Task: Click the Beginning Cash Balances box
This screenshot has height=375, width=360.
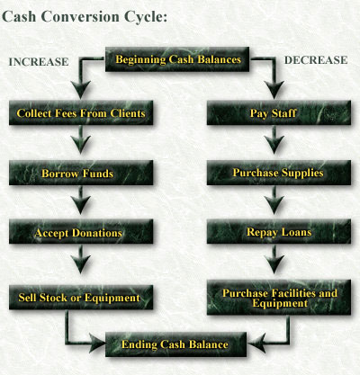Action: tap(179, 61)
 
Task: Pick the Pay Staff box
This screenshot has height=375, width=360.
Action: tap(273, 113)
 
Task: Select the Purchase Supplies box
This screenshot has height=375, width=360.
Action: tap(273, 173)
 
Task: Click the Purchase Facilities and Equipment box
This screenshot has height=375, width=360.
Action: tap(273, 298)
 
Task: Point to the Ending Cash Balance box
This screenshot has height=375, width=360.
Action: tap(179, 344)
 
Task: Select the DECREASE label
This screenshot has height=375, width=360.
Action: tap(316, 61)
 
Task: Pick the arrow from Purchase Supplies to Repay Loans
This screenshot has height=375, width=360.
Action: tap(273, 201)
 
